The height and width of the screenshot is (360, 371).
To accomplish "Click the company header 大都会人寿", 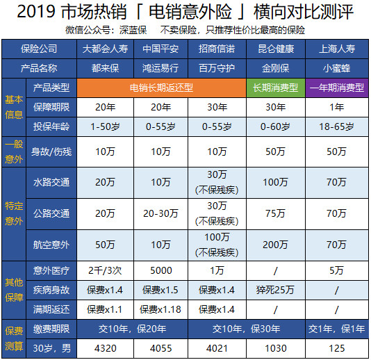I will tap(105, 49).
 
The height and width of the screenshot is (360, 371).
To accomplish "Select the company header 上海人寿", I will tap(336, 49).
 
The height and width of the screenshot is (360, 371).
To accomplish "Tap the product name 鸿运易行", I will tap(161, 69).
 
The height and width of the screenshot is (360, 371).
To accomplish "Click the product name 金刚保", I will tap(276, 69).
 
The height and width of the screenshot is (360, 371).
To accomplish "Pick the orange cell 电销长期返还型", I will tap(161, 88).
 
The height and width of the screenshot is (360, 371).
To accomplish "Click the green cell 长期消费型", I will tap(276, 88).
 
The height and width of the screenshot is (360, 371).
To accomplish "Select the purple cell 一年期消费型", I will tap(336, 88).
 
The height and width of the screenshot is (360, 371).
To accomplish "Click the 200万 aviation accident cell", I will tap(276, 244).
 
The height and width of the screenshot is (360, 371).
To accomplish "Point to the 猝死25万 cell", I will tap(276, 288).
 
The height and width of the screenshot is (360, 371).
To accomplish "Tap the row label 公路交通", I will tap(51, 213).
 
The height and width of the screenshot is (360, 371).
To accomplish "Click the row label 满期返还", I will tap(51, 307).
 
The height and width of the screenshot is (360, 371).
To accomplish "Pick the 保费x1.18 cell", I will tap(161, 307).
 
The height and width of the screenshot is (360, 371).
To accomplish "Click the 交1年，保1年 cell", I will tap(336, 327).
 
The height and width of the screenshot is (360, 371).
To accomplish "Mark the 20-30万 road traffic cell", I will tap(161, 213).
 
